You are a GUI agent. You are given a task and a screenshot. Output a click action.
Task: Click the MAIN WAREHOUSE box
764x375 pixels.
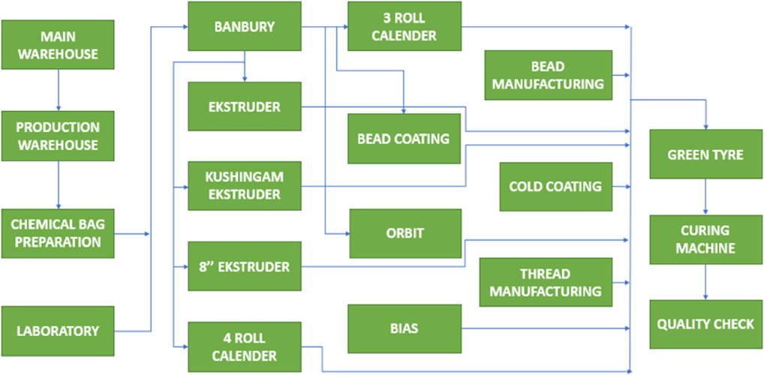[59, 45]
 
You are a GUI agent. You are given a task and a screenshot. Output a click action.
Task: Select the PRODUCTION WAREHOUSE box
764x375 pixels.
[59, 136]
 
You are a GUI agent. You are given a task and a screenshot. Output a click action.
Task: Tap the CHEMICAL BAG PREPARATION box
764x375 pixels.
[59, 232]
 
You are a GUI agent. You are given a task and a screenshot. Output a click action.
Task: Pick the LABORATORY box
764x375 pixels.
[59, 330]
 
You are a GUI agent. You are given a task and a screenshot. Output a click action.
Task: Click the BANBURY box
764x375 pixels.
[245, 27]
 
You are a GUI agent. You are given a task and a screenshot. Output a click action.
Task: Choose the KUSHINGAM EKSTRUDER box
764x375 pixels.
[245, 186]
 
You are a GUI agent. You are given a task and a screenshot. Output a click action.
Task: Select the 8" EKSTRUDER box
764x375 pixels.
[245, 266]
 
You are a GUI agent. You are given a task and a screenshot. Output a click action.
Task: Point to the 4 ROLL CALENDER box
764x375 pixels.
[245, 346]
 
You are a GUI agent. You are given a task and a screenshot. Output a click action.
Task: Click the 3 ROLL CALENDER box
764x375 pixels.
[404, 26]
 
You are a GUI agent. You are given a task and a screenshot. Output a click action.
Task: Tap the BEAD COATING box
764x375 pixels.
[404, 139]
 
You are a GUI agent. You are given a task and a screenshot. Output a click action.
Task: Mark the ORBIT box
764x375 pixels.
[404, 233]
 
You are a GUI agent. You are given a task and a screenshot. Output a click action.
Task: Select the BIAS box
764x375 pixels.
[404, 328]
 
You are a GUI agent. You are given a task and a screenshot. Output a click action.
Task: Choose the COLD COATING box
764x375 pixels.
[555, 186]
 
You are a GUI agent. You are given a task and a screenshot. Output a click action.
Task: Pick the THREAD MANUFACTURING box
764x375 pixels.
[546, 282]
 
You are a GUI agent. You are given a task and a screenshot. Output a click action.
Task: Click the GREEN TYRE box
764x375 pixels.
[705, 154]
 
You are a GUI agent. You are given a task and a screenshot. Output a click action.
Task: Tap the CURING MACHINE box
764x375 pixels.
[705, 238]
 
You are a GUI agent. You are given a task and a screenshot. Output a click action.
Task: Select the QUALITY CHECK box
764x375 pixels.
[705, 324]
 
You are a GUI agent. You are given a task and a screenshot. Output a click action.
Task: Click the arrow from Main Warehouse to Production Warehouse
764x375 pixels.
[59, 96]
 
